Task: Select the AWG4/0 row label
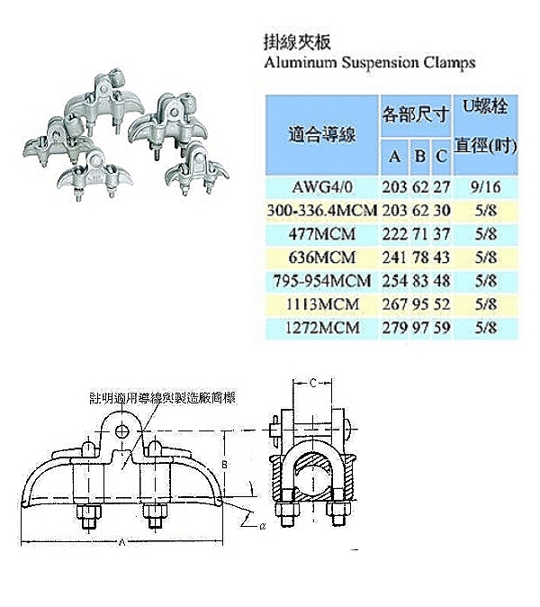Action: pos(323,188)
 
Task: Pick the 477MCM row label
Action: pos(323,234)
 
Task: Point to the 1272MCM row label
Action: pos(323,329)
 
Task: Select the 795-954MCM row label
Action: pos(323,282)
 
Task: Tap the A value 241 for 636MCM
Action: pos(394,258)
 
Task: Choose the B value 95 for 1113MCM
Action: pos(418,305)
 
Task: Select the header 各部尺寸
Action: pos(415,114)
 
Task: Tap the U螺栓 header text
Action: pos(486,107)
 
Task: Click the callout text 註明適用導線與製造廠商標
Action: pos(162,397)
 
